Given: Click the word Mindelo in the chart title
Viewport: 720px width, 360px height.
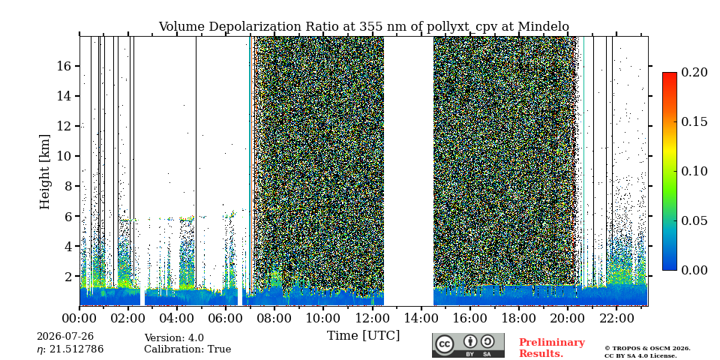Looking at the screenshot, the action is tap(544, 27).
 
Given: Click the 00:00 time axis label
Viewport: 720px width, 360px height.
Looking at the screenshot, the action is tap(80, 318).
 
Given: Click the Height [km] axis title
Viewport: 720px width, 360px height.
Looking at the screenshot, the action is tap(44, 172).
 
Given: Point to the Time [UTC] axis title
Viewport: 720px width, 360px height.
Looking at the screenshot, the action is tap(363, 336).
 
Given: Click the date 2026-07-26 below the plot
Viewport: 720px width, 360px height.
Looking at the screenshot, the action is tap(65, 337).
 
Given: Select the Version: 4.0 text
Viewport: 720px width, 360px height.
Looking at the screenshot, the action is tap(174, 338).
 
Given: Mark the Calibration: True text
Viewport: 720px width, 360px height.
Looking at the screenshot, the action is tap(187, 349).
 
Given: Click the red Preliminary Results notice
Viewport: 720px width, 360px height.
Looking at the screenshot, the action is tap(552, 348).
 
